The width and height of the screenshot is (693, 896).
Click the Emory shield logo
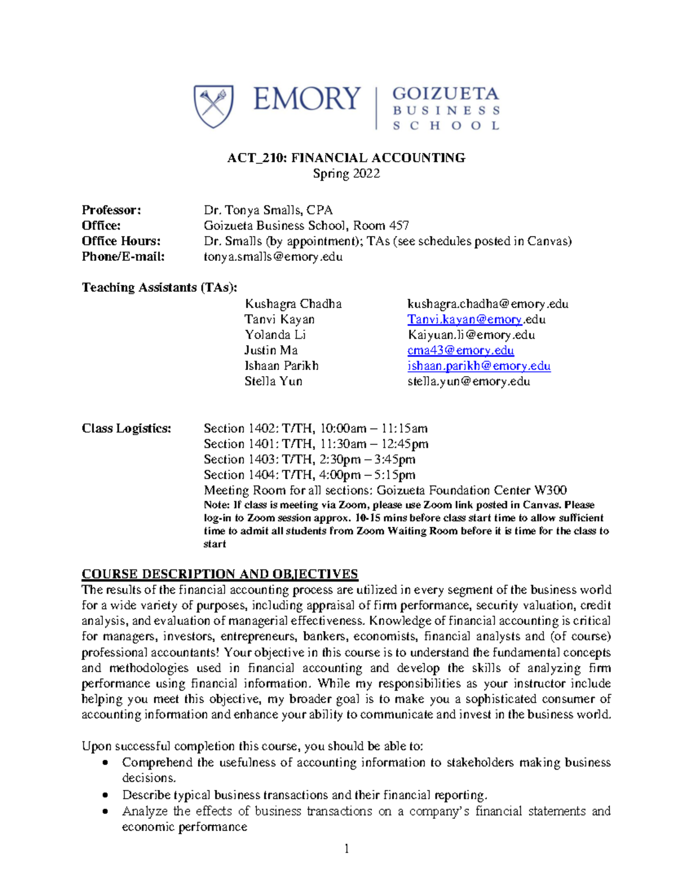214,106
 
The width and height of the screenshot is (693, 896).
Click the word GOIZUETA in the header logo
445,94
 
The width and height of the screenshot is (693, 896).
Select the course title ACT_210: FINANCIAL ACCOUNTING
346,158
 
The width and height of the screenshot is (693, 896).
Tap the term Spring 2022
346,174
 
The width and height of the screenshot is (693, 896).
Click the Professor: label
111,210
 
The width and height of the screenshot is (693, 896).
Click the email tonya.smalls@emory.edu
273,257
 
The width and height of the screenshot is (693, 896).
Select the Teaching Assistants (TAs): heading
159,287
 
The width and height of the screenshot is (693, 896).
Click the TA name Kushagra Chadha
293,304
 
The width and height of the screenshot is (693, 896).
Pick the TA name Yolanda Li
275,335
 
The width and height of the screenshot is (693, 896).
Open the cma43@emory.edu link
460,351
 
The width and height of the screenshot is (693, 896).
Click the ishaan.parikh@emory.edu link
479,366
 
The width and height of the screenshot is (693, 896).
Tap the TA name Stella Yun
273,381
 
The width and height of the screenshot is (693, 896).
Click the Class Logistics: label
126,429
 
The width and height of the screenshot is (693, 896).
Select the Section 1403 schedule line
309,460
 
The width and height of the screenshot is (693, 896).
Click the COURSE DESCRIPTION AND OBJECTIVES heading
219,574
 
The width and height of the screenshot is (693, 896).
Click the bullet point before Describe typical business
105,795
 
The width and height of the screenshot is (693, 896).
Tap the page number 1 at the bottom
346,848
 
